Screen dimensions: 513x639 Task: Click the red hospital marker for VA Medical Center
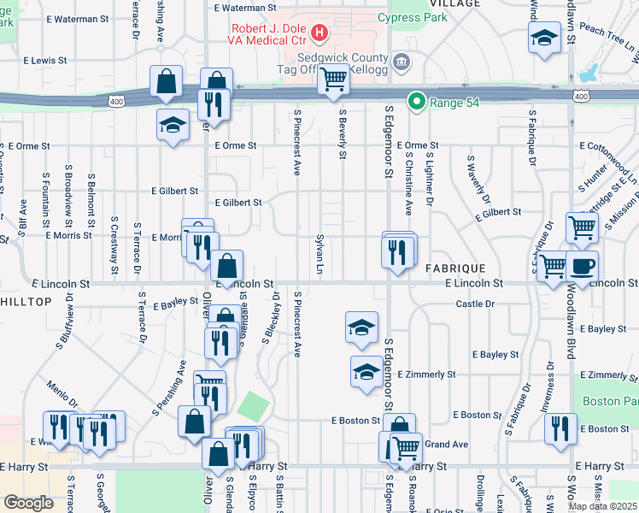(x=319, y=34)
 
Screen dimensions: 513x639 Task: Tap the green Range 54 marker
(x=417, y=103)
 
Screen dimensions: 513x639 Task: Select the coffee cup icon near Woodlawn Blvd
(x=582, y=265)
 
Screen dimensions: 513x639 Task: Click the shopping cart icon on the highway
(x=333, y=80)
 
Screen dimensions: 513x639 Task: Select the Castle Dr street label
(x=476, y=304)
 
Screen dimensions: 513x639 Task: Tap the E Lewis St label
(x=44, y=61)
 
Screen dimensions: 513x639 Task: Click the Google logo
(x=28, y=503)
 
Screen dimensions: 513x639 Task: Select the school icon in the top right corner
(x=544, y=38)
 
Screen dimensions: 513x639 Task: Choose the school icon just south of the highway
(x=173, y=126)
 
